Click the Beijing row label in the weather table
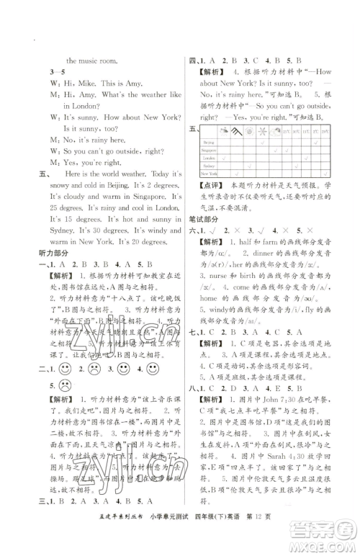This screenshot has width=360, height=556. pyautogui.click(x=208, y=143)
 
